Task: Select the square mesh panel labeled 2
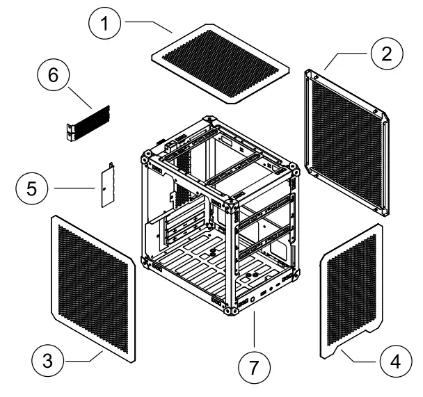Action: pyautogui.click(x=346, y=143)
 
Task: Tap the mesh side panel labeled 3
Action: pyautogui.click(x=92, y=289)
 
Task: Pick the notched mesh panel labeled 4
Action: pyautogui.click(x=352, y=292)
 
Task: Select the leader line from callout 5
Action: pyautogui.click(x=75, y=188)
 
